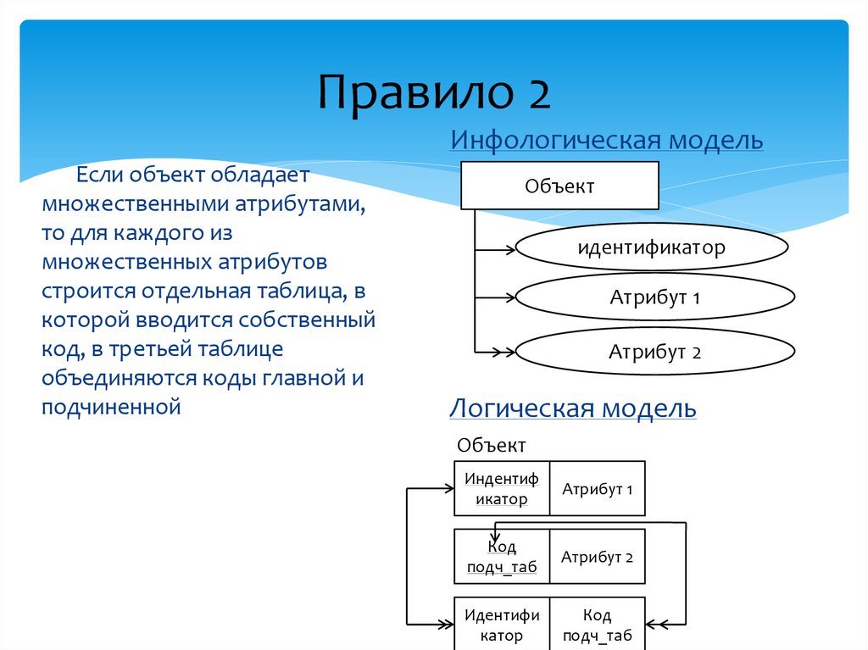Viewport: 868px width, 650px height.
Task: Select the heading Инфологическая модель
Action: [606, 140]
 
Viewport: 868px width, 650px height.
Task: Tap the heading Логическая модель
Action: [572, 409]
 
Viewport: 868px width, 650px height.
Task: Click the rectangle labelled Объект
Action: [559, 186]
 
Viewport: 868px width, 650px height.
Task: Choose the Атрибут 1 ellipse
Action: [655, 298]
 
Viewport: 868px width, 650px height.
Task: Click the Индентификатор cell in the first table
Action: [502, 488]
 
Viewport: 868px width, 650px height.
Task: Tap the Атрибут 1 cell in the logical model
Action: [598, 488]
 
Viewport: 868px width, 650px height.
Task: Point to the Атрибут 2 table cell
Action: [598, 557]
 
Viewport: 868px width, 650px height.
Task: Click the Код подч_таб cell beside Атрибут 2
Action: [502, 557]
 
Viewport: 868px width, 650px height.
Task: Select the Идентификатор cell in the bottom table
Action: [502, 625]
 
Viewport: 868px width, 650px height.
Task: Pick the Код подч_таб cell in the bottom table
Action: [598, 625]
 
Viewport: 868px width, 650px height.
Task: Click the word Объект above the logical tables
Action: [492, 445]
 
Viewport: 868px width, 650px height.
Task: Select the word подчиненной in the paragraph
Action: [111, 407]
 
